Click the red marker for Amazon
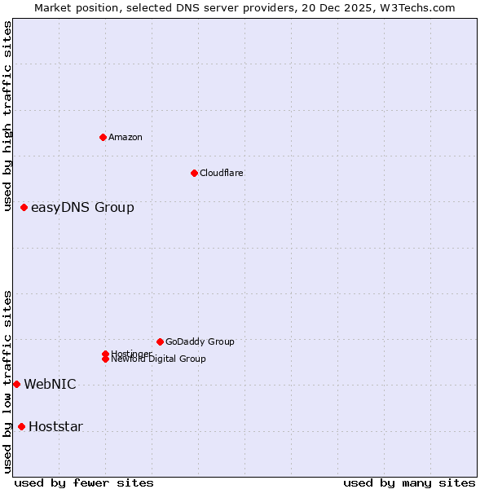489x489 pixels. pyautogui.click(x=103, y=137)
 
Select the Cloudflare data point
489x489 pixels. pyautogui.click(x=194, y=173)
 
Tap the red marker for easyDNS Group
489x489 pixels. pyautogui.click(x=24, y=208)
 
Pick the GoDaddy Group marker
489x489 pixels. pyautogui.click(x=160, y=341)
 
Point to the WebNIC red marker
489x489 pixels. pyautogui.click(x=16, y=384)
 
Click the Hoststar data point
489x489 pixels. pyautogui.click(x=21, y=426)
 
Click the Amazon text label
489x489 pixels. pyautogui.click(x=126, y=137)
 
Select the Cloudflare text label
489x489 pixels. pyautogui.click(x=222, y=173)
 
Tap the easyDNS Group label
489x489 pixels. pyautogui.click(x=82, y=208)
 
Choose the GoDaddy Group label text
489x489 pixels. pyautogui.click(x=200, y=341)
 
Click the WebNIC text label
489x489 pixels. pyautogui.click(x=50, y=385)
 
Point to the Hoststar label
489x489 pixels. pyautogui.click(x=55, y=427)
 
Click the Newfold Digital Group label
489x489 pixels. pyautogui.click(x=158, y=359)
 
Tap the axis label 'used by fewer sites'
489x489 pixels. pyautogui.click(x=84, y=482)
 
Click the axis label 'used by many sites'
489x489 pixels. pyautogui.click(x=409, y=482)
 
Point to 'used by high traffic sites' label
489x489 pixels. pyautogui.click(x=7, y=116)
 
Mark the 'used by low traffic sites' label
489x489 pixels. pyautogui.click(x=7, y=381)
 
